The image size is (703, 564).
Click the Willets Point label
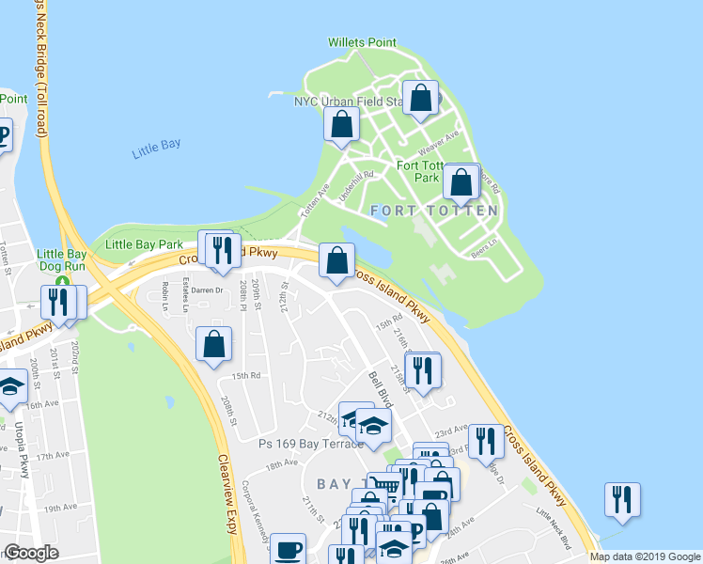pyautogui.click(x=362, y=42)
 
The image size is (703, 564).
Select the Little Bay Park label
pyautogui.click(x=144, y=244)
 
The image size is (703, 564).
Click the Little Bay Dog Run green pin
pyautogui.click(x=62, y=281)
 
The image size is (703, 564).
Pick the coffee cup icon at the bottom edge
pyautogui.click(x=288, y=548)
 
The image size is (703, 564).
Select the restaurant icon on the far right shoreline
pyautogui.click(x=622, y=499)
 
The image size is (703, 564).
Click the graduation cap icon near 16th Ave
pyautogui.click(x=11, y=388)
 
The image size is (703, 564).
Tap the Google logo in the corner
pyautogui.click(x=30, y=553)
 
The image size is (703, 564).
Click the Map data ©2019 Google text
pyautogui.click(x=644, y=556)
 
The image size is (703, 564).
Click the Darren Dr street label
pyautogui.click(x=207, y=290)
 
